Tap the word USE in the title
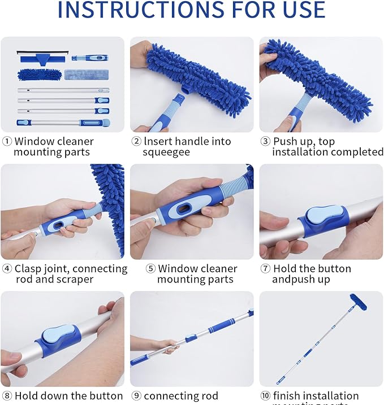pyautogui.click(x=300, y=10)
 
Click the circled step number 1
pyautogui.click(x=7, y=141)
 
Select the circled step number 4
pyautogui.click(x=7, y=269)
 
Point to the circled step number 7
pyautogui.click(x=265, y=269)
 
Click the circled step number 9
pyautogui.click(x=136, y=396)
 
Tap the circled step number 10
pyautogui.click(x=265, y=396)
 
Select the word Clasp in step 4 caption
pyautogui.click(x=28, y=269)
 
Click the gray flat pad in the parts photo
pyautogui.click(x=87, y=74)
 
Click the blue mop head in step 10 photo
pyautogui.click(x=358, y=302)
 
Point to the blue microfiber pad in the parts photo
pyautogui.click(x=38, y=74)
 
